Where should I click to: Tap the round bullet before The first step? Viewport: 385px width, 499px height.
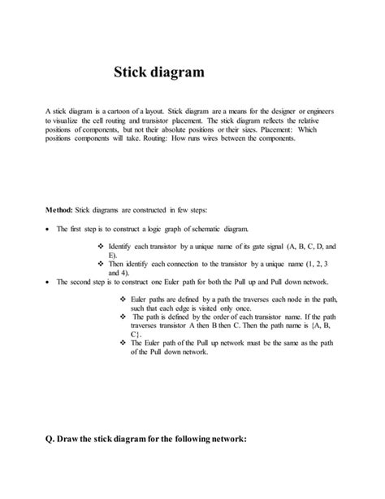tap(49, 230)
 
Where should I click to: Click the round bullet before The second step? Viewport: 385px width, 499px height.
tap(49, 281)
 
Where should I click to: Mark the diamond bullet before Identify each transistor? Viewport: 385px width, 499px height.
tap(100, 245)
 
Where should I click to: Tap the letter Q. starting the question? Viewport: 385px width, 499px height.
tap(52, 440)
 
